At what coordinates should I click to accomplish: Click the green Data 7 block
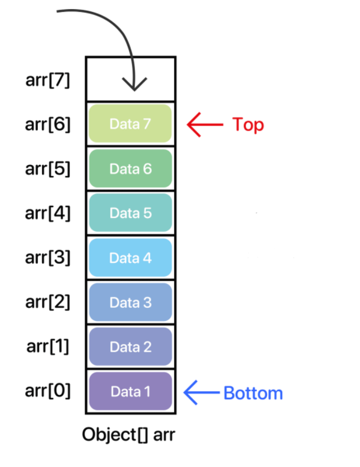click(130, 123)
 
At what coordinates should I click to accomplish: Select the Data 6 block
click(130, 168)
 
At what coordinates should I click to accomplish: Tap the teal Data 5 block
click(130, 212)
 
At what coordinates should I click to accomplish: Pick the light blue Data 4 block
click(130, 258)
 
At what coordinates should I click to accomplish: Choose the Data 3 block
click(130, 302)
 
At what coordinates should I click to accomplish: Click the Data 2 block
click(130, 346)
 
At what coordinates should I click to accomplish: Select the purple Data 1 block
click(130, 391)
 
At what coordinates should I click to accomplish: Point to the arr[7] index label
click(47, 80)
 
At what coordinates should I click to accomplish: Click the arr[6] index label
click(47, 124)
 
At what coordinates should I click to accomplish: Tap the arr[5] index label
click(47, 169)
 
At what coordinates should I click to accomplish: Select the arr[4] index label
click(47, 213)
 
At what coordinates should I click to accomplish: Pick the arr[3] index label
click(47, 258)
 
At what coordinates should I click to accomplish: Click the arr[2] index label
click(47, 302)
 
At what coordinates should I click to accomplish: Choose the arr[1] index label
click(47, 346)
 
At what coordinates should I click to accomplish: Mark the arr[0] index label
click(47, 390)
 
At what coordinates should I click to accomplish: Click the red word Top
click(248, 125)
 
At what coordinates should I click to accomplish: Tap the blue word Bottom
click(253, 393)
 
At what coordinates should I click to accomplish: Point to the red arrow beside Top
click(205, 124)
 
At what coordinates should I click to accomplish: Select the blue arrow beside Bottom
click(202, 393)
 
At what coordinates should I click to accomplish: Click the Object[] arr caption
click(128, 435)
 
